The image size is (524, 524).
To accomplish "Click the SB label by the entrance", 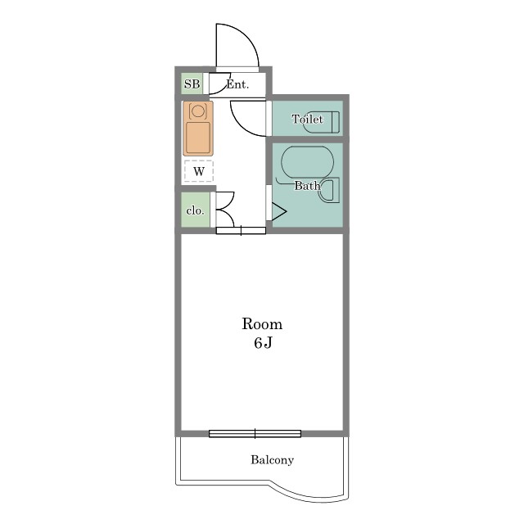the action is pyautogui.click(x=192, y=84).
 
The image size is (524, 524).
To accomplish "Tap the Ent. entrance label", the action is pyautogui.click(x=237, y=84).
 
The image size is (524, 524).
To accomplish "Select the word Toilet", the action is pyautogui.click(x=307, y=119).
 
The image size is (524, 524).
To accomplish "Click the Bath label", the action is pyautogui.click(x=307, y=185).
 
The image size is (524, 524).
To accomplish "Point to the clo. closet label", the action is pyautogui.click(x=195, y=210).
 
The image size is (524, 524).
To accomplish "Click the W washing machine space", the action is pyautogui.click(x=199, y=171).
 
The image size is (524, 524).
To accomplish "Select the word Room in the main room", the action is pyautogui.click(x=262, y=324).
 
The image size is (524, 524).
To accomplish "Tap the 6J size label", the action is pyautogui.click(x=263, y=343).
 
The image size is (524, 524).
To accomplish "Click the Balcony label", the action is pyautogui.click(x=272, y=460).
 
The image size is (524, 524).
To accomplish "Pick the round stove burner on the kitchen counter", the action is pyautogui.click(x=198, y=111).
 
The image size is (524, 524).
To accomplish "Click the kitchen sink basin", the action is pyautogui.click(x=198, y=138).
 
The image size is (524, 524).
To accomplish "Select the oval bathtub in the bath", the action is pyautogui.click(x=308, y=162).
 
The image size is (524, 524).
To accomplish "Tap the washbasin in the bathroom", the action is pyautogui.click(x=329, y=190).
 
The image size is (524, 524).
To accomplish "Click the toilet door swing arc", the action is pyautogui.click(x=241, y=125).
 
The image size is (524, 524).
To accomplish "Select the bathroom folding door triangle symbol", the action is pyautogui.click(x=279, y=211).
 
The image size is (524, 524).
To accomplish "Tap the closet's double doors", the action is pyautogui.click(x=225, y=210).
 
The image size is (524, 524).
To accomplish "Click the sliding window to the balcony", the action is pyautogui.click(x=255, y=434).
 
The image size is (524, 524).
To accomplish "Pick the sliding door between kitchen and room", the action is pyautogui.click(x=241, y=230).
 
